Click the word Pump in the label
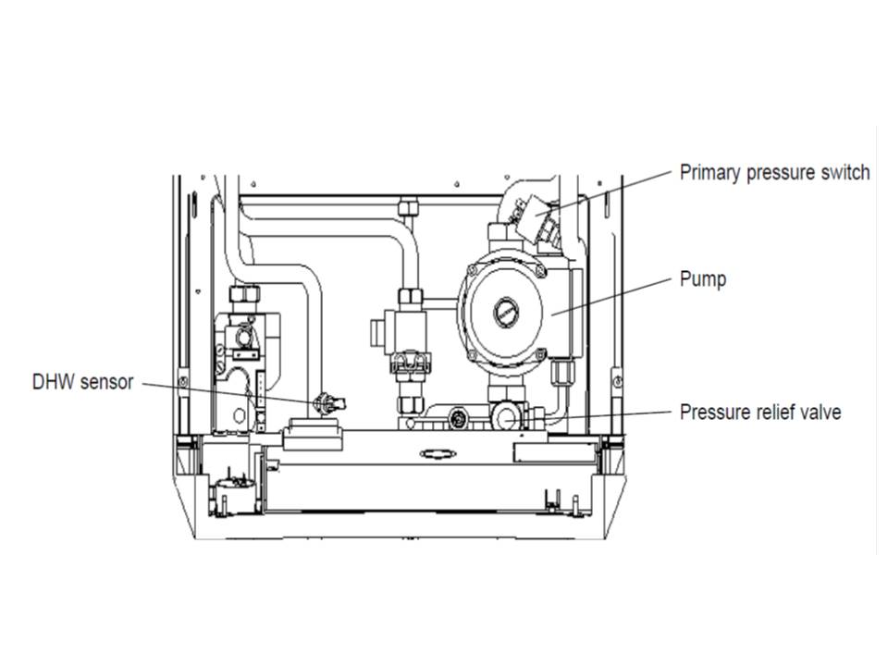coord(702,278)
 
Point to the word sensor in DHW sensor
coord(109,382)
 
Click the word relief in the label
coord(778,412)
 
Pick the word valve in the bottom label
coord(821,412)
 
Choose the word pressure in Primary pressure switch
coord(779,172)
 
